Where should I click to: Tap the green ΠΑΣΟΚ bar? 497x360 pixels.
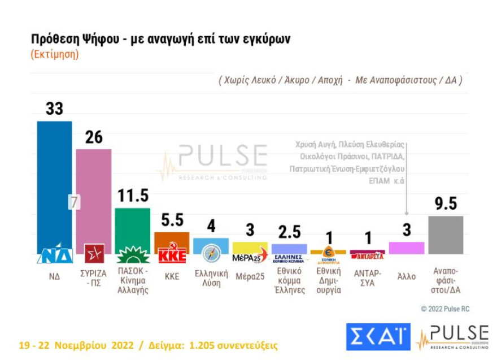click(132, 226)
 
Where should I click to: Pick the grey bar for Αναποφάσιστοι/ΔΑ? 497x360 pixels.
click(446, 235)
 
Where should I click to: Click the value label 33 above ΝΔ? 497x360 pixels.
click(54, 109)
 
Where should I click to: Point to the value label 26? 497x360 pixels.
click(94, 137)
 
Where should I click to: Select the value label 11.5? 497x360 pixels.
click(133, 196)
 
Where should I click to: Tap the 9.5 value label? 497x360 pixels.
click(446, 203)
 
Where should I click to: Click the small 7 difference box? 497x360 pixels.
click(74, 202)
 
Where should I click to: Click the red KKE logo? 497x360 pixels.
click(172, 255)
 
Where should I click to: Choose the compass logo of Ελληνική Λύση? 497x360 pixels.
click(211, 254)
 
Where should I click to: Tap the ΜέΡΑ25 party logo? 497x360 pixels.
click(250, 258)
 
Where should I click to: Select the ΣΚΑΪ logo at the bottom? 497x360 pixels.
click(378, 337)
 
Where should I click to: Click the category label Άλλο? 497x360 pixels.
click(406, 276)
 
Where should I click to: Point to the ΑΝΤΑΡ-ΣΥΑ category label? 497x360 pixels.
click(367, 277)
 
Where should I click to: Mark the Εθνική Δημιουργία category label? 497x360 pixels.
click(328, 281)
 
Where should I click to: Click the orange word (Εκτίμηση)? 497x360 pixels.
click(55, 55)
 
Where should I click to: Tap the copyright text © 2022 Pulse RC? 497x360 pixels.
click(444, 309)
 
